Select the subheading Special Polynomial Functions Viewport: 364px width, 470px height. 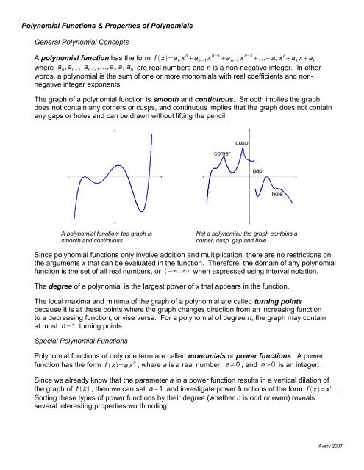pos(82,362)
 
